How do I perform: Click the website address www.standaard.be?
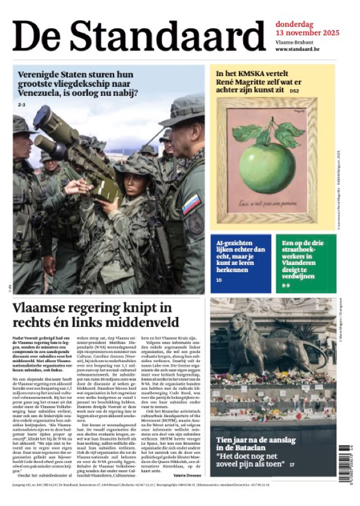[298, 49]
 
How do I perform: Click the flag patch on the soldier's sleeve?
[191, 203]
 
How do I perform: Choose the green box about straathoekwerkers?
[306, 264]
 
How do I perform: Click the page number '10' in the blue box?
[219, 280]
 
